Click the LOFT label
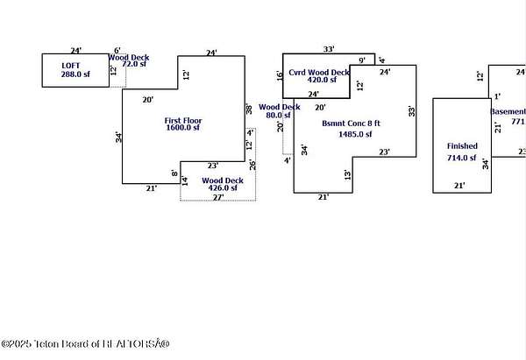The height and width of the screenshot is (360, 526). (x=70, y=65)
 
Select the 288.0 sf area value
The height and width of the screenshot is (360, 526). (x=70, y=76)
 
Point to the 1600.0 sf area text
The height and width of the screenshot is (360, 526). (x=184, y=128)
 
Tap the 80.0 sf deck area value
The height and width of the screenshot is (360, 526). (x=279, y=116)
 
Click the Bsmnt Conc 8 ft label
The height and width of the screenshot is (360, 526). (x=347, y=124)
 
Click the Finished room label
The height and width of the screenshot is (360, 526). (x=462, y=145)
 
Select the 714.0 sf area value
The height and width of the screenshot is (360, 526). (x=461, y=159)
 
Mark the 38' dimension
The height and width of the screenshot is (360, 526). (x=249, y=109)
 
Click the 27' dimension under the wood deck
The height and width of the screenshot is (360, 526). (x=217, y=198)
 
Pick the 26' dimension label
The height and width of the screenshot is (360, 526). (x=252, y=165)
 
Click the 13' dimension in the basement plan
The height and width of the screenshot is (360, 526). (x=348, y=175)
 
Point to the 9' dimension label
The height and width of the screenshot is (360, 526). (x=362, y=60)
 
